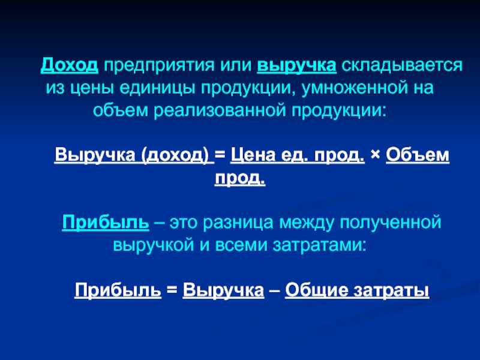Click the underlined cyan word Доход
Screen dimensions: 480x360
point(70,65)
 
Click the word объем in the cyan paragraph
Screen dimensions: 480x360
point(121,110)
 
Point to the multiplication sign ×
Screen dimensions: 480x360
point(375,155)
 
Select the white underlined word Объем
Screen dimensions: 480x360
point(418,155)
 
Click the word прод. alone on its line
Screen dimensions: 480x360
point(240,178)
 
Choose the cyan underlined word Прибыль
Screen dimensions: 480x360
point(106,222)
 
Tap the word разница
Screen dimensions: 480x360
point(238,223)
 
